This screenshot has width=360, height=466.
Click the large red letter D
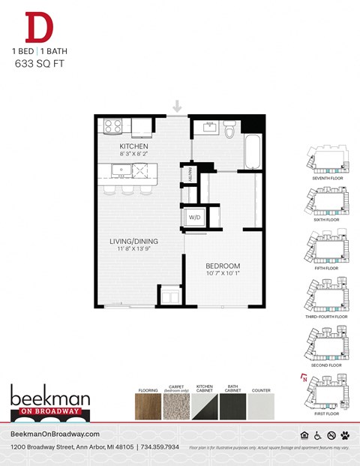pyautogui.click(x=39, y=28)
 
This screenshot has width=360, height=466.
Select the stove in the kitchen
pyautogui.click(x=112, y=126)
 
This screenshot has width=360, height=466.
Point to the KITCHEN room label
pyautogui.click(x=134, y=146)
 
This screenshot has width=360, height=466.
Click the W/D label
pyautogui.click(x=195, y=218)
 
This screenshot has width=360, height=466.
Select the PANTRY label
pyautogui.click(x=191, y=174)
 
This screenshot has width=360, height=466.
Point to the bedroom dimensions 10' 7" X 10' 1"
pyautogui.click(x=223, y=273)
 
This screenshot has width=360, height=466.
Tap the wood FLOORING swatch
pyautogui.click(x=148, y=407)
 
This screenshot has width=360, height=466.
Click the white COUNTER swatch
pyautogui.click(x=262, y=407)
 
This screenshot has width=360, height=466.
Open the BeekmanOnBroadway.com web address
pyautogui.click(x=55, y=434)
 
